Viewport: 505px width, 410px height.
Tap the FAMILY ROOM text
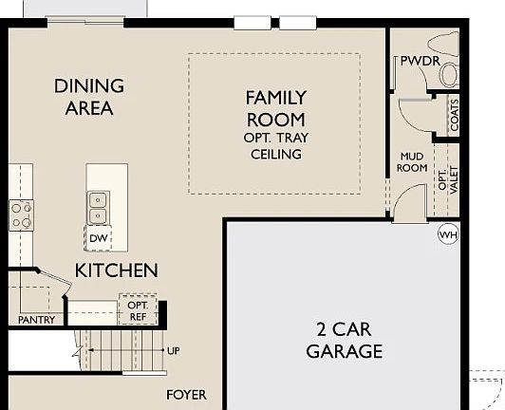(x=275, y=108)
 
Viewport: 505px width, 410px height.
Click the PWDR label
(x=418, y=61)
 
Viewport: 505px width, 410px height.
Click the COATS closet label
(x=455, y=117)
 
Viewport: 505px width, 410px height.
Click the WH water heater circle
(x=447, y=233)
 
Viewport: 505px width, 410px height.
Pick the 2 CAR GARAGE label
(x=344, y=341)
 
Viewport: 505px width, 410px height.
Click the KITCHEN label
(x=116, y=270)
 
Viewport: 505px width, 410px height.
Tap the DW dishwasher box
(x=99, y=238)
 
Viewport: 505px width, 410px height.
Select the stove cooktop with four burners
(x=21, y=215)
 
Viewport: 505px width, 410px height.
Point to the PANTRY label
(x=36, y=320)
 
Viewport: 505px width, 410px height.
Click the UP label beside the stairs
(x=173, y=350)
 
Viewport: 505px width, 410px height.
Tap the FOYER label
(x=186, y=395)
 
